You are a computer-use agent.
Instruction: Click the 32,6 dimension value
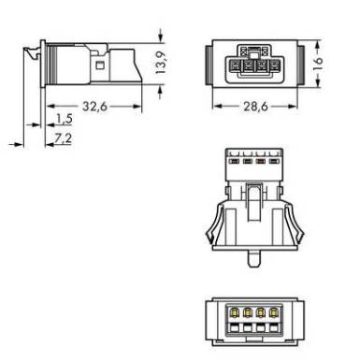(94, 107)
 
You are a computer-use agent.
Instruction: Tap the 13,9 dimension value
(161, 63)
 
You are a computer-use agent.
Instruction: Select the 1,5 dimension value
(65, 119)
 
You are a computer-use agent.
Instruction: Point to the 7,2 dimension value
(63, 138)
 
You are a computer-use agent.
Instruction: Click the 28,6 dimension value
(255, 107)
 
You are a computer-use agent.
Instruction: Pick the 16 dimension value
(318, 64)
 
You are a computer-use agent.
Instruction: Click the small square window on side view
(100, 65)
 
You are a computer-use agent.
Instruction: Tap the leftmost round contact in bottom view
(235, 311)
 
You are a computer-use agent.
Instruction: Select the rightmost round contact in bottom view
(274, 311)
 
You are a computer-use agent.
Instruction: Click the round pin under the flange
(254, 258)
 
